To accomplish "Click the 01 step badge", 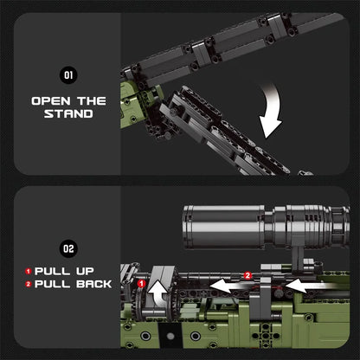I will point(69,75).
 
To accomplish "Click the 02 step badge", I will point(69,248).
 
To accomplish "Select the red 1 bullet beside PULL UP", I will point(28,271).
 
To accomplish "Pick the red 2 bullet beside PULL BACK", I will point(28,284).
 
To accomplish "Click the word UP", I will point(80,271).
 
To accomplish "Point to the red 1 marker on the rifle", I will point(142,283).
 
